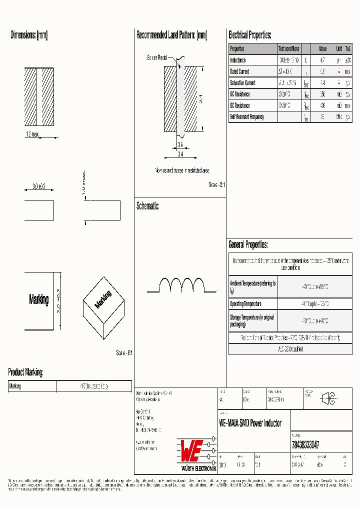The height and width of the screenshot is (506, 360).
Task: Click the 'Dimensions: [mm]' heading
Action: coord(29,35)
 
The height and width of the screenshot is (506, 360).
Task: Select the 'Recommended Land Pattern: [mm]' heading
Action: coord(171,35)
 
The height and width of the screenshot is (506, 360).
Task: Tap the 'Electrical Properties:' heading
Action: coord(249,35)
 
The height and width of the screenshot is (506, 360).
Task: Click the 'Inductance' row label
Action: coord(238,60)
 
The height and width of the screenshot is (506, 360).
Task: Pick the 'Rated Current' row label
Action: coord(239,72)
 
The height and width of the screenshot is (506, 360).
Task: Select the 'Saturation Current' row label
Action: coord(242,83)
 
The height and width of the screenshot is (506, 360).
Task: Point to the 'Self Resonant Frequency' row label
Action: coord(246,117)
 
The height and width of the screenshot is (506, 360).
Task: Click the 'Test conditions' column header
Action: coord(288,49)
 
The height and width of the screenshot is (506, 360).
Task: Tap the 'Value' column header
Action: coord(322,49)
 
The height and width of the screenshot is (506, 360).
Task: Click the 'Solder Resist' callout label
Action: coord(157,57)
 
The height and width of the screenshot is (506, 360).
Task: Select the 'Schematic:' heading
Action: coord(147,206)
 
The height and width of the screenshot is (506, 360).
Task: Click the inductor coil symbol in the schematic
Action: coord(182,285)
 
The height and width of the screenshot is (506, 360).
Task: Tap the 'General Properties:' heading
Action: coord(248,244)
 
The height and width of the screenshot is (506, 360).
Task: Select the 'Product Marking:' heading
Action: coord(25,372)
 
